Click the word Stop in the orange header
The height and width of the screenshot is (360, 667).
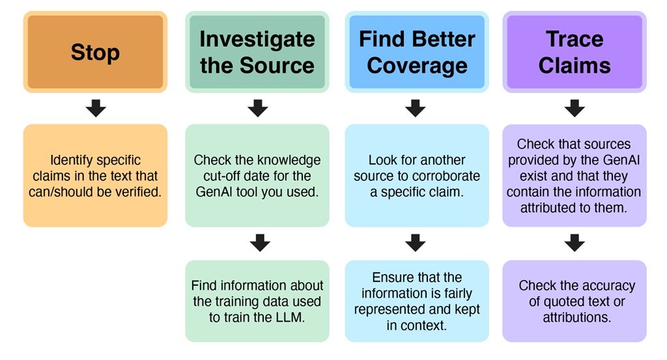(95, 52)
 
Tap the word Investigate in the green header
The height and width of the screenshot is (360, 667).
(257, 40)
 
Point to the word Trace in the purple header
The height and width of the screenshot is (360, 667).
(574, 40)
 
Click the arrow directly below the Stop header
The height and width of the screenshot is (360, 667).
(96, 108)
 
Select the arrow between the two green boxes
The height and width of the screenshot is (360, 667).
(259, 243)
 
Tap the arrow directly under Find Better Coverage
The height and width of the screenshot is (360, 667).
(416, 108)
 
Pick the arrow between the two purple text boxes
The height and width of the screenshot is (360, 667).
(574, 243)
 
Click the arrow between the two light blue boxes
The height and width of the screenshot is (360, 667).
(416, 243)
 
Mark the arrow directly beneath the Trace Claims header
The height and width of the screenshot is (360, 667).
(574, 108)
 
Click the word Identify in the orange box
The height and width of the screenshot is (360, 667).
(72, 160)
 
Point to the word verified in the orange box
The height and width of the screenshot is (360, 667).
(138, 191)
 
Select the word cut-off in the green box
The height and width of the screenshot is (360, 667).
(212, 176)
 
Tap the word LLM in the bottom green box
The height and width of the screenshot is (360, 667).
(291, 318)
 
